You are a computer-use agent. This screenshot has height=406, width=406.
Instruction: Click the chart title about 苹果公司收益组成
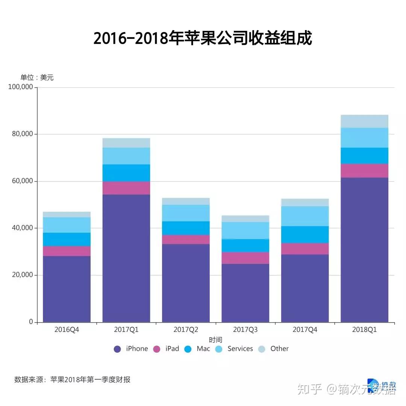203,38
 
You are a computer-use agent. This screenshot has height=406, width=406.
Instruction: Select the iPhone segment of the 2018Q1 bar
364,250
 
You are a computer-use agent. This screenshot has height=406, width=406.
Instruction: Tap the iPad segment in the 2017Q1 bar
126,188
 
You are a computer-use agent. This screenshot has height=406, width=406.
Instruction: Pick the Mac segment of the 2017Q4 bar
305,235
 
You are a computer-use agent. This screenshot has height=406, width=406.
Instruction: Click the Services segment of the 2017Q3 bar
245,230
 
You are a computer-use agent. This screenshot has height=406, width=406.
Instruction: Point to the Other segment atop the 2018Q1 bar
364,121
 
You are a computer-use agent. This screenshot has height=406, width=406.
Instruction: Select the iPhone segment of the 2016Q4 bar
67,289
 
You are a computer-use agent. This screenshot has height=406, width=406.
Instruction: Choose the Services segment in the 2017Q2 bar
186,213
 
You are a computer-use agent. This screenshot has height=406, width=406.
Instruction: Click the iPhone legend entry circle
117,349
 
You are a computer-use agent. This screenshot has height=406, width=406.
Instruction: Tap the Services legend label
240,349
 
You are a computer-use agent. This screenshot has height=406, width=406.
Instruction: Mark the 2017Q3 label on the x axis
245,330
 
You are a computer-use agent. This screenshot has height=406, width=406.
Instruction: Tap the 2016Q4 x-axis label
67,330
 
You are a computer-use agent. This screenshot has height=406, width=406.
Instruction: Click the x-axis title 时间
215,340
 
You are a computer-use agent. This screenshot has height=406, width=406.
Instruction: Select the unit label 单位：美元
37,78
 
